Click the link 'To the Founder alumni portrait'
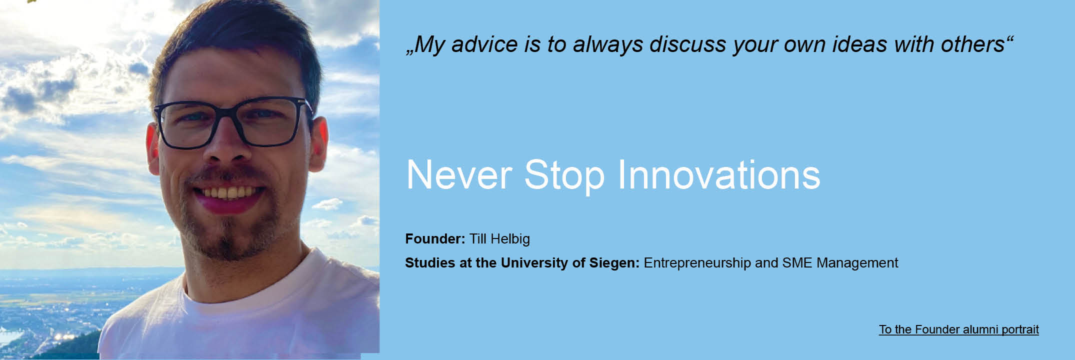coord(958,329)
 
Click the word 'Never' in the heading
coord(459,174)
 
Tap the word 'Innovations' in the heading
coord(719,174)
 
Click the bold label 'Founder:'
coord(435,239)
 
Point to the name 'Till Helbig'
coord(499,239)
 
